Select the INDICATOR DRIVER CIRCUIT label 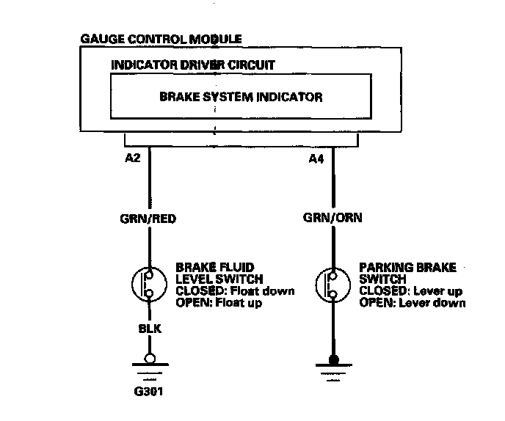coord(192,65)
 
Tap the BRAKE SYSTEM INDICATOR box coord(240,97)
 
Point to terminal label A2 coord(134,157)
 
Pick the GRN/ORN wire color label coord(333,218)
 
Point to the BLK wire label coord(150,330)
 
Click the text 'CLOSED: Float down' coord(235,291)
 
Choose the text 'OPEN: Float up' coord(219,303)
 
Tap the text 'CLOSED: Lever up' coord(411,291)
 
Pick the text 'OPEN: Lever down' coord(413,303)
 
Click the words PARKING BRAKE coord(407,268)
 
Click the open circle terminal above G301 coord(150,359)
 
